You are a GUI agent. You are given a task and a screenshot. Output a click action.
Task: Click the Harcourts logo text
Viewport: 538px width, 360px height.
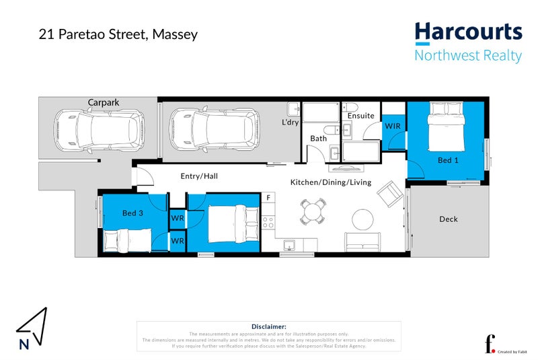[468, 32]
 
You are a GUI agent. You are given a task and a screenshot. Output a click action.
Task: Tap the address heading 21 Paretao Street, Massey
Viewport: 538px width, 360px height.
[118, 34]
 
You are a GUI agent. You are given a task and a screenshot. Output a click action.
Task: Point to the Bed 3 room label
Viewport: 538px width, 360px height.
[132, 213]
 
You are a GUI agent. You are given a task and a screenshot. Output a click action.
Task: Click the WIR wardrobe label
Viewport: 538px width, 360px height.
[393, 126]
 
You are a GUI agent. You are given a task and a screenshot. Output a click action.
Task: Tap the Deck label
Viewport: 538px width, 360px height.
[449, 219]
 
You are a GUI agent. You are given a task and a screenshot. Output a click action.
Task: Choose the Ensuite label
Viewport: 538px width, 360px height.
[361, 116]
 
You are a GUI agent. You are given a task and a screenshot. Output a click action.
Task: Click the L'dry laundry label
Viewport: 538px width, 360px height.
[291, 122]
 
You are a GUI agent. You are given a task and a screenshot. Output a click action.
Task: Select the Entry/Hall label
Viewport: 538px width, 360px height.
[199, 176]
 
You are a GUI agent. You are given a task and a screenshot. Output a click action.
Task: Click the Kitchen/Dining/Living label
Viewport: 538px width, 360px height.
[330, 182]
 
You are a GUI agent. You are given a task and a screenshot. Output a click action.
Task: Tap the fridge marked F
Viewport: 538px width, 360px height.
[268, 197]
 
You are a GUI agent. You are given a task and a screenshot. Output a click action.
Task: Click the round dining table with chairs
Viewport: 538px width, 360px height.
[313, 212]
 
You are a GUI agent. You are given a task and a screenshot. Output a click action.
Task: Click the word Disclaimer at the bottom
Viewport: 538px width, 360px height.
[268, 326]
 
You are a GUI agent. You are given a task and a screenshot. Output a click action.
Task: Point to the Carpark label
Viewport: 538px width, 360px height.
[104, 102]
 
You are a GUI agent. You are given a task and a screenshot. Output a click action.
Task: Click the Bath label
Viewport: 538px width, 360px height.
[318, 139]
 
